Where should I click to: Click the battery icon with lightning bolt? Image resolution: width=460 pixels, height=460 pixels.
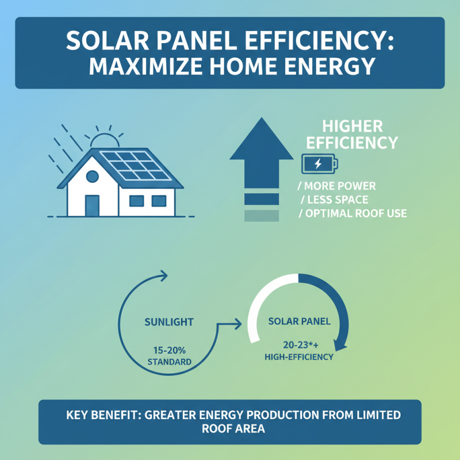tap(319, 164)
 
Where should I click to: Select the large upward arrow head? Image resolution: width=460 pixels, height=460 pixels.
tap(262, 141)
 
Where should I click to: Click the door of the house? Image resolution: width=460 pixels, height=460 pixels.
tap(92, 204)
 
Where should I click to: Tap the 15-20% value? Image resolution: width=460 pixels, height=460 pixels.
tap(169, 351)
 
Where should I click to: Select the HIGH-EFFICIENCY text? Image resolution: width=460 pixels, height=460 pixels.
tap(298, 357)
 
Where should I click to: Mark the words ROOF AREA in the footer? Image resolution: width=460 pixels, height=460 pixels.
tap(230, 428)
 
